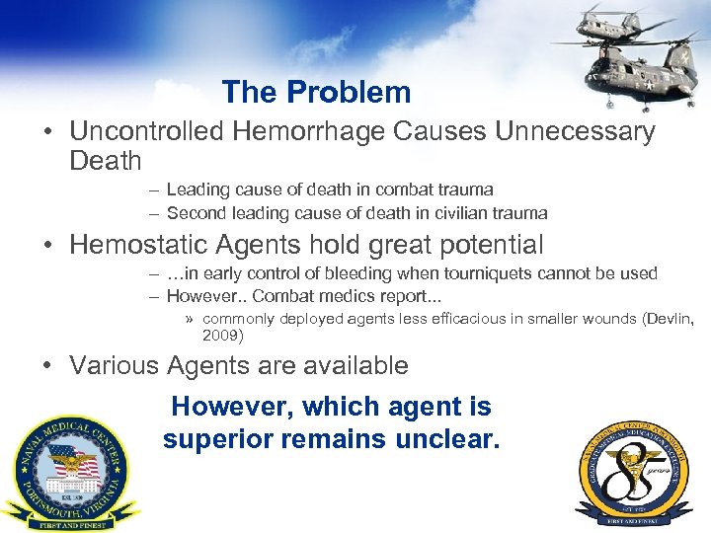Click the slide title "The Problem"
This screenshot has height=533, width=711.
coord(316,92)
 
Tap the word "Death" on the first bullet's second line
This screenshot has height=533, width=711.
coord(106,161)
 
